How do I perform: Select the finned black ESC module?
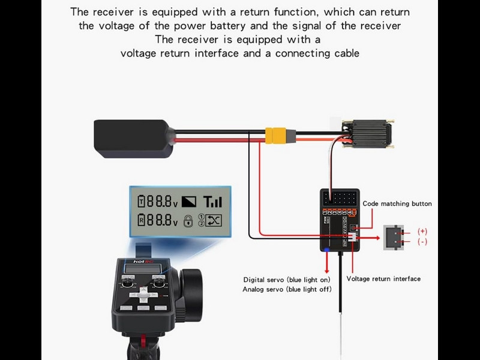(367, 133)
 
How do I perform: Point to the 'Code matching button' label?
(397, 204)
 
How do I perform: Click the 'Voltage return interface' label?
(383, 279)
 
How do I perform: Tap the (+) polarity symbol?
(422, 231)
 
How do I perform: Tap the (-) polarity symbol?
(422, 242)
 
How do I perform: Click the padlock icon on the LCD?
(188, 221)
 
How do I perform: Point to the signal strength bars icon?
(212, 202)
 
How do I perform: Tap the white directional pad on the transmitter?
(143, 295)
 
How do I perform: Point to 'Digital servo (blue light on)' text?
(287, 280)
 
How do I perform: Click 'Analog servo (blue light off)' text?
(287, 289)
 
